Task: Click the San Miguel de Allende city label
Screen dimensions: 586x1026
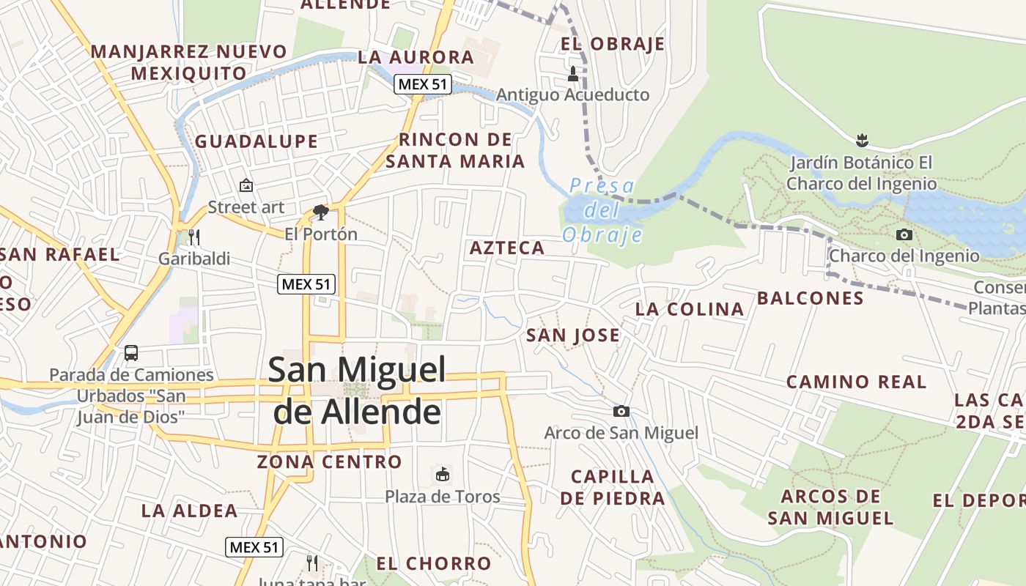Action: click(357, 390)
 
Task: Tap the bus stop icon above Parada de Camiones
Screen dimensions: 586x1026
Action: click(131, 353)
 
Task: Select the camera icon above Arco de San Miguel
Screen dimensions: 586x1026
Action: click(621, 412)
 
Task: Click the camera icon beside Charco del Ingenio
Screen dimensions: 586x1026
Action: click(904, 234)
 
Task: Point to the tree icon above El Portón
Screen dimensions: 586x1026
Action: click(320, 212)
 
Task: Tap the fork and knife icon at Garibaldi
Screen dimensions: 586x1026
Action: click(194, 237)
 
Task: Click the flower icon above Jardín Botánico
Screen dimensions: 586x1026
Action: click(862, 139)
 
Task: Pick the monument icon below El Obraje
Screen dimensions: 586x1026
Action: click(573, 73)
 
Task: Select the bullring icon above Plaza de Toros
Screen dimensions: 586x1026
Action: click(442, 475)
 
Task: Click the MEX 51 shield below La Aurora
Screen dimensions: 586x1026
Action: click(422, 84)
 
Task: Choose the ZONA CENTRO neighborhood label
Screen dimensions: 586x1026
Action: click(330, 462)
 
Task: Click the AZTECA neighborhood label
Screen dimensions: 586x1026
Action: click(507, 248)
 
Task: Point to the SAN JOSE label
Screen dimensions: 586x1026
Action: click(573, 335)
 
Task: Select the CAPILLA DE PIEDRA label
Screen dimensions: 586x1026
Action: click(613, 488)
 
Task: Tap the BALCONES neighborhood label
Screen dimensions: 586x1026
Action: click(810, 298)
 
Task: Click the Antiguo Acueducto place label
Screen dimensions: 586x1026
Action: click(572, 95)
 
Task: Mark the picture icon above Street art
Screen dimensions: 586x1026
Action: click(246, 186)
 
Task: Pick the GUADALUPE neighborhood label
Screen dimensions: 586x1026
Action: click(256, 141)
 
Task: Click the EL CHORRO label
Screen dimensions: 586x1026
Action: click(433, 563)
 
